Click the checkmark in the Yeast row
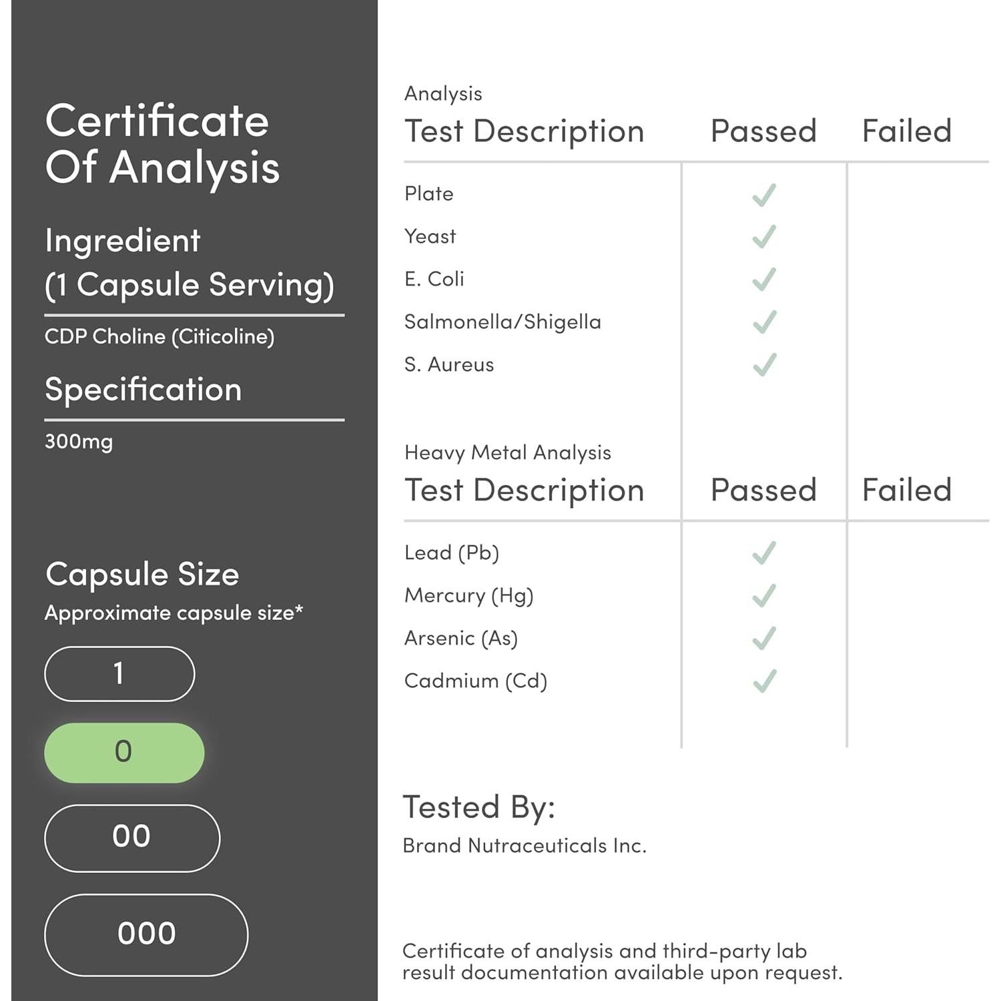pos(764,237)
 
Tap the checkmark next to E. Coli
pos(764,280)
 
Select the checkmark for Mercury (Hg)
pos(764,595)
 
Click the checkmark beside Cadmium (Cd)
pos(764,681)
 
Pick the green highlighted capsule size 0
pos(124,752)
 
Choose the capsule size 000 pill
pos(146,934)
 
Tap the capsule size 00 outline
pos(131,838)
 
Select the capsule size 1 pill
pos(119,673)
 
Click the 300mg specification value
pos(79,442)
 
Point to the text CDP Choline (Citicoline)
pos(159,336)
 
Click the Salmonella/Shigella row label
pos(503,322)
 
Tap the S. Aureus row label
pos(449,365)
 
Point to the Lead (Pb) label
pos(452,553)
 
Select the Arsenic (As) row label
pos(461,639)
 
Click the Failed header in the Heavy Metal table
pos(906,490)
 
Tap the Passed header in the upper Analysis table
pos(763,131)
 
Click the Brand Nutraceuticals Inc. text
pos(525,846)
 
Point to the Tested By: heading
pos(479,807)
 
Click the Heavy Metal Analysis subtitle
pos(508,452)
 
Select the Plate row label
pos(429,194)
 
